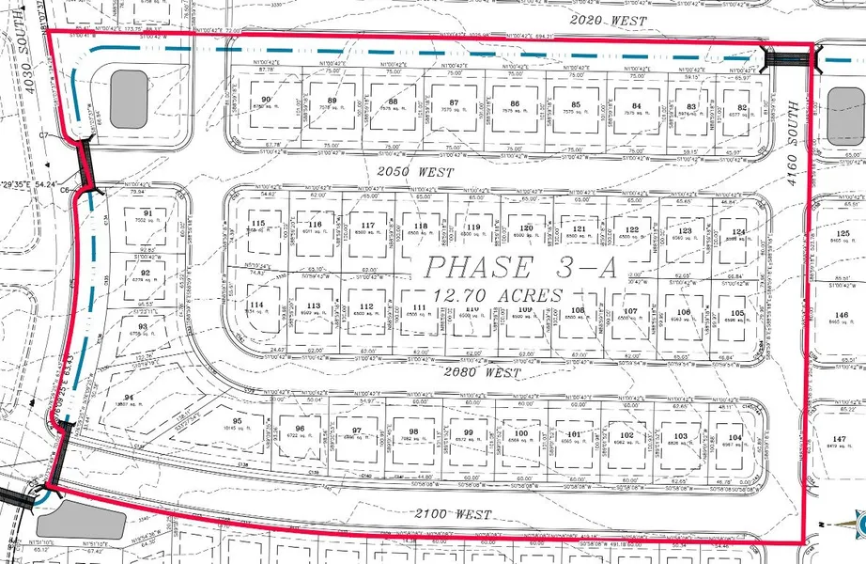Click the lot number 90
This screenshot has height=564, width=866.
coord(266,100)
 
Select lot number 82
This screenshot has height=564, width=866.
coord(742,108)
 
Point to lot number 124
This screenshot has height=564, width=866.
coord(739,231)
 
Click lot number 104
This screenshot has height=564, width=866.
coord(735,438)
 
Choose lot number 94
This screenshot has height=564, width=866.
coord(142,397)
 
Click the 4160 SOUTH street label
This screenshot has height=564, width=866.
coord(795,136)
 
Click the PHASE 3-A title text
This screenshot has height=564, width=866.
coord(519,267)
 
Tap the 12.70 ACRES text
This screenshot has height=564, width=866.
coord(497,295)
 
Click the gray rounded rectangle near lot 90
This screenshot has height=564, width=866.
coord(129,99)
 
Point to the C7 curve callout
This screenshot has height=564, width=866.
coord(45,135)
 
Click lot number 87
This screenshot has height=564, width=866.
coord(455,103)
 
